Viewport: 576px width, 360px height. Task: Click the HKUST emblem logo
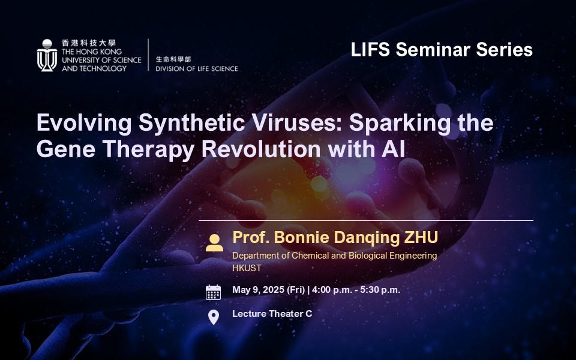coord(47,56)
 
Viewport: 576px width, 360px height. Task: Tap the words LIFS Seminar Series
coord(442,49)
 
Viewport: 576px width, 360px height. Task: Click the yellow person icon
coord(214,242)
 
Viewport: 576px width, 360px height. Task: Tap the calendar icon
coord(213,292)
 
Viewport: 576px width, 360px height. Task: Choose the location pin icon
coord(213,316)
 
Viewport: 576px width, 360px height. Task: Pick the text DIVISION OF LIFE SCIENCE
coord(196,68)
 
